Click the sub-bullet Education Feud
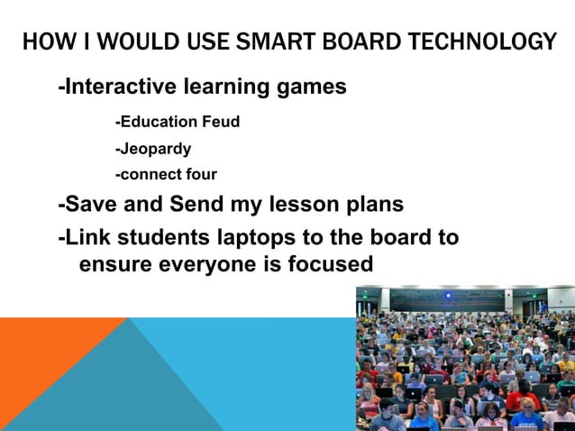click(x=178, y=121)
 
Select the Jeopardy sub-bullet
click(x=153, y=148)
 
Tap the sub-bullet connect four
click(x=166, y=174)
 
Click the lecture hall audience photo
click(x=465, y=358)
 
